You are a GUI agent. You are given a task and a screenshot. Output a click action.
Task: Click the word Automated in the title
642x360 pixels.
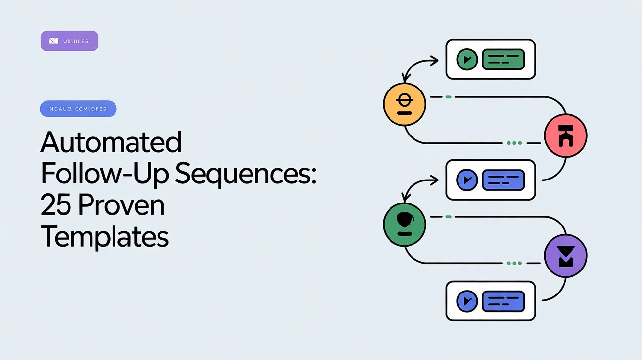pos(111,143)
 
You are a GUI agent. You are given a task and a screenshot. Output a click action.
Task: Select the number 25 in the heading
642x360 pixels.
pos(53,206)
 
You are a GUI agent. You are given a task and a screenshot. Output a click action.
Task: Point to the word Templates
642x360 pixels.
pos(104,237)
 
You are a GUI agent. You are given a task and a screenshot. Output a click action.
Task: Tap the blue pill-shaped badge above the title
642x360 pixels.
pos(78,109)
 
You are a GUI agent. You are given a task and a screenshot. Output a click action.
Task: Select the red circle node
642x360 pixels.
pos(566,135)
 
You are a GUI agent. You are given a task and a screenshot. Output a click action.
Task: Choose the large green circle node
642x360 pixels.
pos(404,225)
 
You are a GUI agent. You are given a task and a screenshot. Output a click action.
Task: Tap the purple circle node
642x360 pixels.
pos(566,256)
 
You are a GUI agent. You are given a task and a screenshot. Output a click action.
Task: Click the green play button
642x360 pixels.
pos(467,60)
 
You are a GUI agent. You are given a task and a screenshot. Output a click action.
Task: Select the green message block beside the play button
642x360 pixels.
pos(504,60)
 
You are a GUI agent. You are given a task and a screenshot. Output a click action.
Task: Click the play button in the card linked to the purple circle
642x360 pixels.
pos(467,301)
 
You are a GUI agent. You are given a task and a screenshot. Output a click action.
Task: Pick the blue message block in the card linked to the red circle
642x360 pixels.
pos(504,180)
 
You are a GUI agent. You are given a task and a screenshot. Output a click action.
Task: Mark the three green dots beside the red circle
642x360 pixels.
pos(514,143)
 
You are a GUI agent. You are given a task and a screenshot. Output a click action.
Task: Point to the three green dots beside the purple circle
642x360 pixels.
pos(514,263)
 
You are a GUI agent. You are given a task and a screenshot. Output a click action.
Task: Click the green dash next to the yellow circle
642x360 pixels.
pos(448,97)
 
